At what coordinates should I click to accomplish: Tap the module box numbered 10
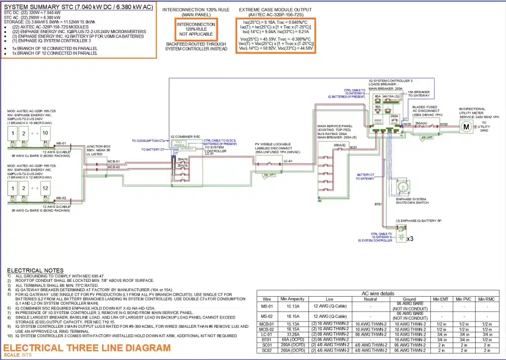point(45,134)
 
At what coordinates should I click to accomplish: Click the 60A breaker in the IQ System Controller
point(378,96)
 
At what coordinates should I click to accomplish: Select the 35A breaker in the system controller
point(378,106)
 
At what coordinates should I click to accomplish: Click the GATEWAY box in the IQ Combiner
point(187,148)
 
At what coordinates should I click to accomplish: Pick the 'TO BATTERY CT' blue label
point(154,149)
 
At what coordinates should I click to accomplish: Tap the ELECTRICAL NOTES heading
point(35,270)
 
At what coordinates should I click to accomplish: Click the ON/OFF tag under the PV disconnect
point(269,175)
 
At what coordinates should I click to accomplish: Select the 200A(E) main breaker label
point(339,145)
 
